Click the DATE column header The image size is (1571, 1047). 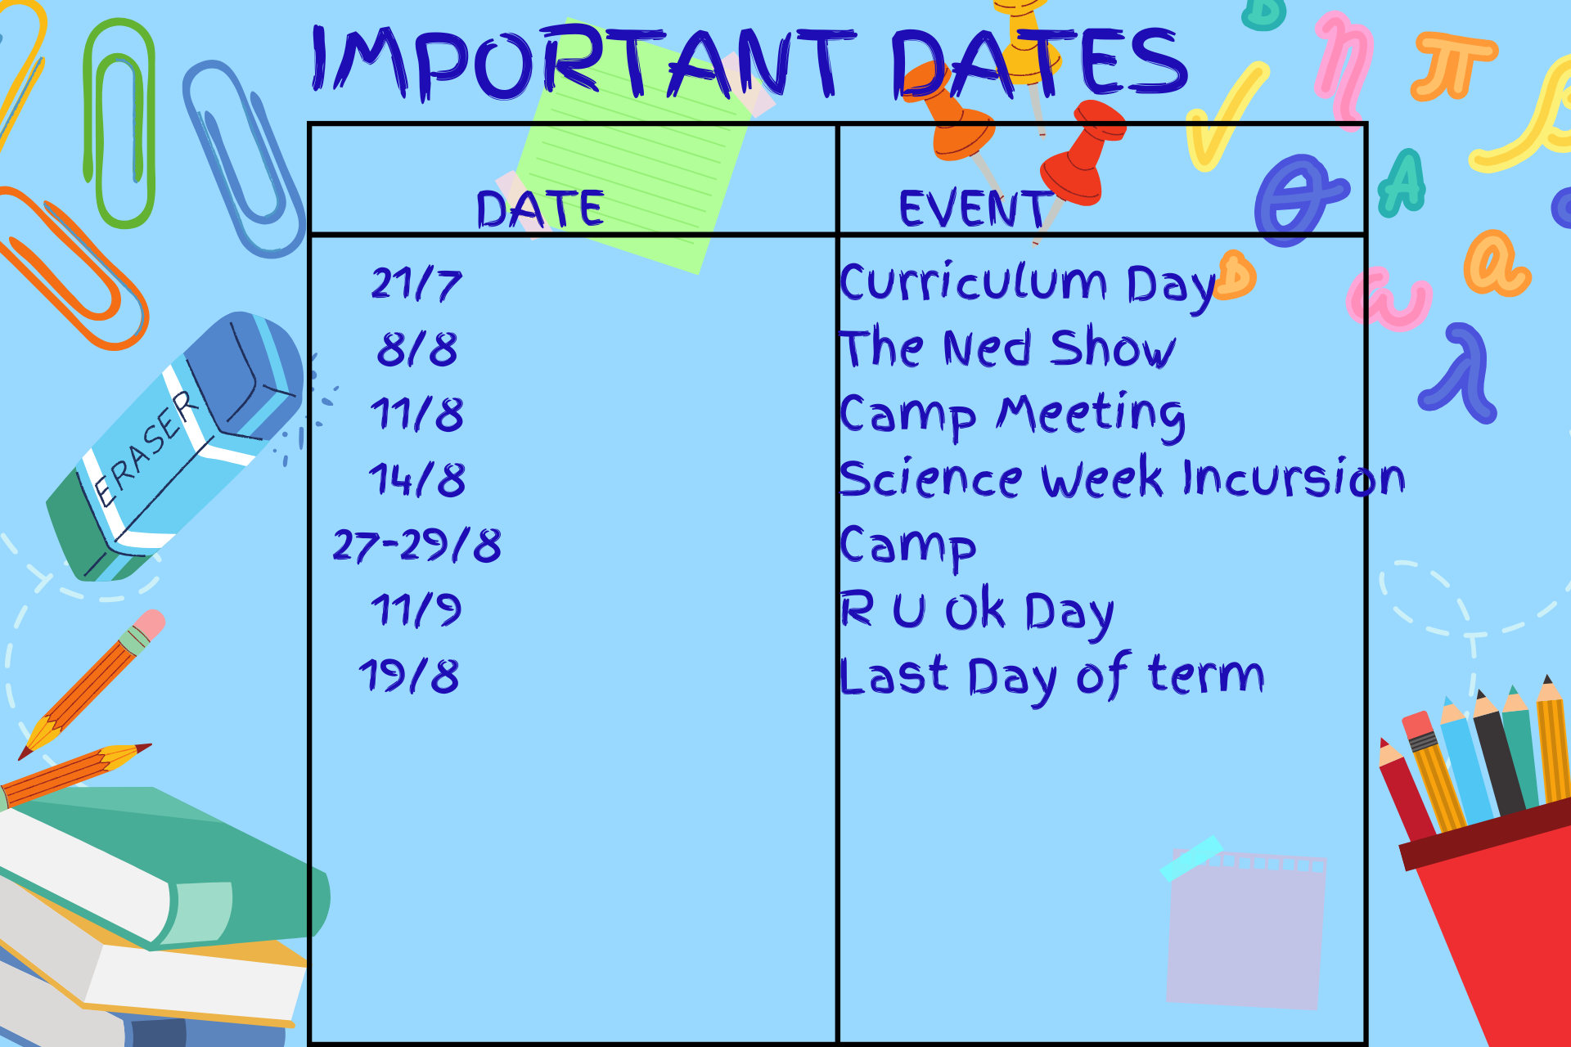pyautogui.click(x=540, y=209)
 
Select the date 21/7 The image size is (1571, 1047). pyautogui.click(x=416, y=284)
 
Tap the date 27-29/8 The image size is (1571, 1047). pyautogui.click(x=417, y=545)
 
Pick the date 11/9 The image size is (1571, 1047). pyautogui.click(x=416, y=610)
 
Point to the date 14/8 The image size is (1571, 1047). pyautogui.click(x=417, y=479)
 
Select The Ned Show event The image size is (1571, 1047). pyautogui.click(x=1008, y=348)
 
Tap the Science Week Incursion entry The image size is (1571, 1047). pyautogui.click(x=1123, y=478)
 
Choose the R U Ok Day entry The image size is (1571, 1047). pyautogui.click(x=978, y=611)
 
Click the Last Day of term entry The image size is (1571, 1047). pyautogui.click(x=1052, y=677)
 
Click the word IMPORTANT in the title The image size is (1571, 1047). pyautogui.click(x=583, y=62)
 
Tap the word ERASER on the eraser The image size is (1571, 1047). pyautogui.click(x=146, y=448)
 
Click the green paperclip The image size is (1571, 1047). pyautogui.click(x=119, y=123)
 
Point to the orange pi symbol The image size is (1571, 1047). pyautogui.click(x=1453, y=64)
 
